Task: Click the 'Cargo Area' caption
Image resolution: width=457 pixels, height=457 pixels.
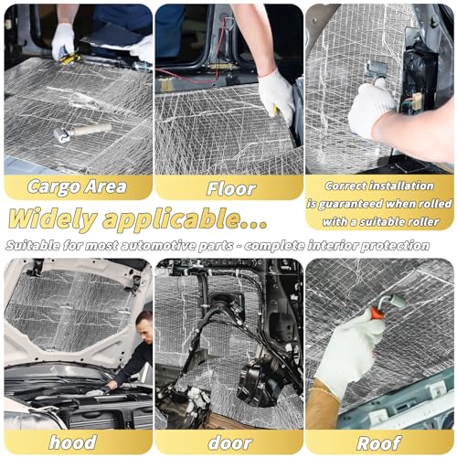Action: click(77, 186)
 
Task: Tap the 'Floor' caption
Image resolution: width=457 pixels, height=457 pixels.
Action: click(230, 189)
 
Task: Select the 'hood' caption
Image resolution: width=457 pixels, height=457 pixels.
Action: click(73, 442)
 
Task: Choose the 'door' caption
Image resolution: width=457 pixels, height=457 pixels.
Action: click(230, 443)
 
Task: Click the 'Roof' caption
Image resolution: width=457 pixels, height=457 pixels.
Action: click(378, 443)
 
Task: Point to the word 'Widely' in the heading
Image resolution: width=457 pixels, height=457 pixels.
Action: click(52, 218)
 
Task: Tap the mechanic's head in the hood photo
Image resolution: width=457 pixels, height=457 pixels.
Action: click(144, 324)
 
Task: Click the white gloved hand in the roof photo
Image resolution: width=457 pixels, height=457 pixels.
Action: click(350, 350)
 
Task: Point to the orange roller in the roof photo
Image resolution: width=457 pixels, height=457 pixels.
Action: click(377, 314)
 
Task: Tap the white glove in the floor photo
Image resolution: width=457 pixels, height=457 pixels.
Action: click(276, 94)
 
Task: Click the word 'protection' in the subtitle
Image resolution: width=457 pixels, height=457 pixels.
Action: click(395, 245)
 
